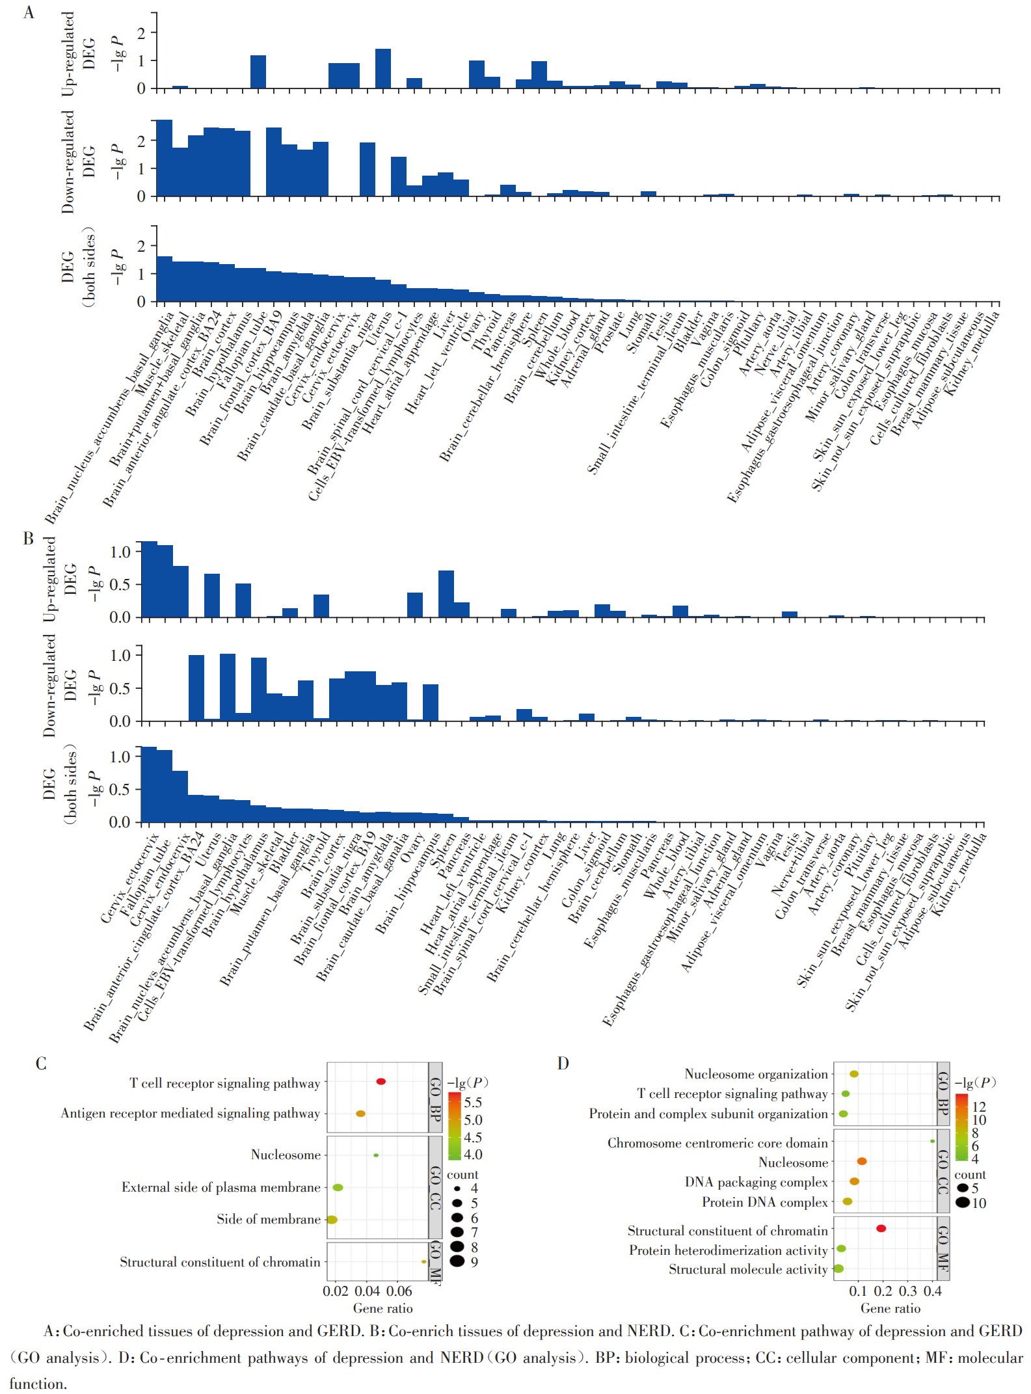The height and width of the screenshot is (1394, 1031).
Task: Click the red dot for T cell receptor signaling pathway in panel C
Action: pyautogui.click(x=381, y=1081)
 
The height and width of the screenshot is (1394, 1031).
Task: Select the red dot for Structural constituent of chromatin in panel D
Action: pyautogui.click(x=881, y=1228)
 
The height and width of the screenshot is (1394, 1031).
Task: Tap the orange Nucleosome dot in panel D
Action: pyautogui.click(x=862, y=1161)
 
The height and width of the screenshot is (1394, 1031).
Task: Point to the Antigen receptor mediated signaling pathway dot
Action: pyautogui.click(x=360, y=1114)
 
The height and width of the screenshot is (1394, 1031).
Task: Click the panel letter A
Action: pyautogui.click(x=29, y=12)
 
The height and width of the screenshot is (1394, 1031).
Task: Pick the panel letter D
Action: pyautogui.click(x=563, y=1063)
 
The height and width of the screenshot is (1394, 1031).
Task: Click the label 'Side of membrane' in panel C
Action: pyautogui.click(x=269, y=1219)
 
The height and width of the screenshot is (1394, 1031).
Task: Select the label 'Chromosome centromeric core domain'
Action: pyautogui.click(x=717, y=1143)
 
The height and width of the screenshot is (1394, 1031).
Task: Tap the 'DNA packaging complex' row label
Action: pyautogui.click(x=756, y=1182)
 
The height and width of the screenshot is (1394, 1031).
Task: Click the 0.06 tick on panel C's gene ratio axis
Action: pyautogui.click(x=399, y=1291)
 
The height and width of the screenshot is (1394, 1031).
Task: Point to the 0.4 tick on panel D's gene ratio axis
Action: pyautogui.click(x=933, y=1291)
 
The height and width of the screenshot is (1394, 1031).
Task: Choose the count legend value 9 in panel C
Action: pyautogui.click(x=474, y=1262)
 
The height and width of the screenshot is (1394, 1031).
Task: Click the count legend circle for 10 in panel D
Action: pyautogui.click(x=963, y=1203)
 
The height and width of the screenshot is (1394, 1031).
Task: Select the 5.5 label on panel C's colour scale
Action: pyautogui.click(x=473, y=1103)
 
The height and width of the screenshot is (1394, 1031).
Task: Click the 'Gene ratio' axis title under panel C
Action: pyautogui.click(x=382, y=1307)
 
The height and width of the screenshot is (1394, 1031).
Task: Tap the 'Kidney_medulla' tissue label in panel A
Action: pyautogui.click(x=972, y=353)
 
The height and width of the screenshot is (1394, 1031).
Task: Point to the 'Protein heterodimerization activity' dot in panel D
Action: pyautogui.click(x=841, y=1248)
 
